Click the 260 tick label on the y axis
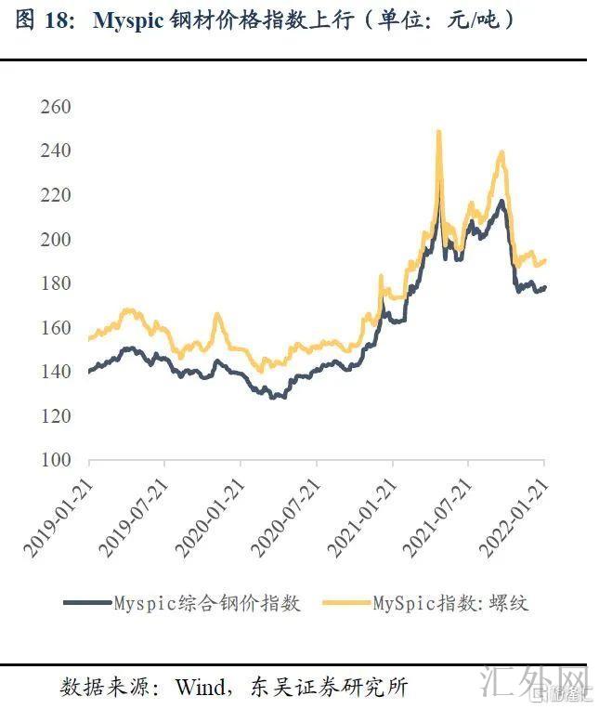coord(56,107)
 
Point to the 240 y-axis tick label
coord(56,151)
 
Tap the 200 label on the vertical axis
coord(56,239)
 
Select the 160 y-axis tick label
coord(56,327)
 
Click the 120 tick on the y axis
coord(56,415)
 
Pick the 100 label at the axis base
coord(56,460)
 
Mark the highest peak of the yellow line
coord(438,131)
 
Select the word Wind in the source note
coord(202,688)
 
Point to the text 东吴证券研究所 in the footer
coord(329,688)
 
